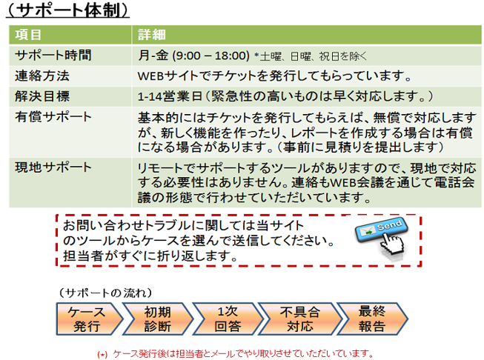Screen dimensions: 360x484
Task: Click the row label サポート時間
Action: (x=53, y=55)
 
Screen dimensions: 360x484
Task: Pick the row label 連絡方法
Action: (x=42, y=76)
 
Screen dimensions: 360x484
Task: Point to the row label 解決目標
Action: (x=42, y=96)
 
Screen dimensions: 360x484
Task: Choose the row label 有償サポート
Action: (x=53, y=117)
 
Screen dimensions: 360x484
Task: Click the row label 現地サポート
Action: (x=53, y=169)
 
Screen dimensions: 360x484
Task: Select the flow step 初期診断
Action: (x=156, y=317)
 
